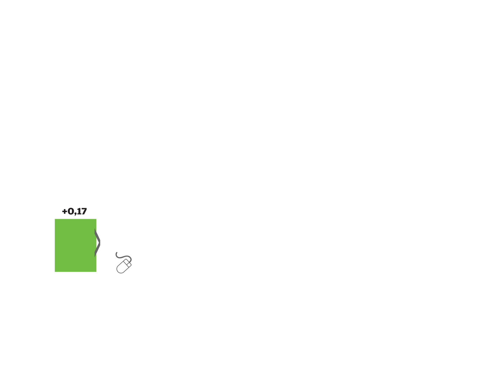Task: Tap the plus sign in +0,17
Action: [x=65, y=211]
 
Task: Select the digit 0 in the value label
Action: [x=71, y=211]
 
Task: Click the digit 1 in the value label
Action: [x=79, y=211]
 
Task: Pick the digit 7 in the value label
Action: [x=84, y=211]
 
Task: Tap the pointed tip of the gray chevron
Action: [x=100, y=243]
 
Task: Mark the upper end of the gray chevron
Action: [x=95, y=229]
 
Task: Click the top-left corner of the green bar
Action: [x=55, y=219]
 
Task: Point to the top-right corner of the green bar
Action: [x=96, y=219]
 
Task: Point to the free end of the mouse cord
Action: [x=117, y=253]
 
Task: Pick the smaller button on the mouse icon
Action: [x=129, y=265]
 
